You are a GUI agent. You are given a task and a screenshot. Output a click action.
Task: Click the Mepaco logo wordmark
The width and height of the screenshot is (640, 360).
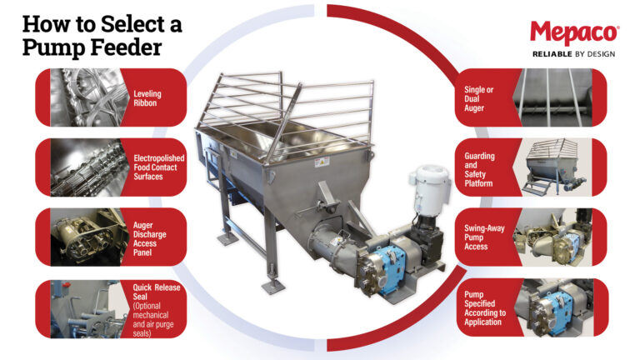click(573, 34)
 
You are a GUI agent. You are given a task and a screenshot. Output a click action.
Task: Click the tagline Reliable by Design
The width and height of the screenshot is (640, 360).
click(573, 55)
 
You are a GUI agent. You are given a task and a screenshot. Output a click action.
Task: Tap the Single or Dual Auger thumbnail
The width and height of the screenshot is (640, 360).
click(553, 97)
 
